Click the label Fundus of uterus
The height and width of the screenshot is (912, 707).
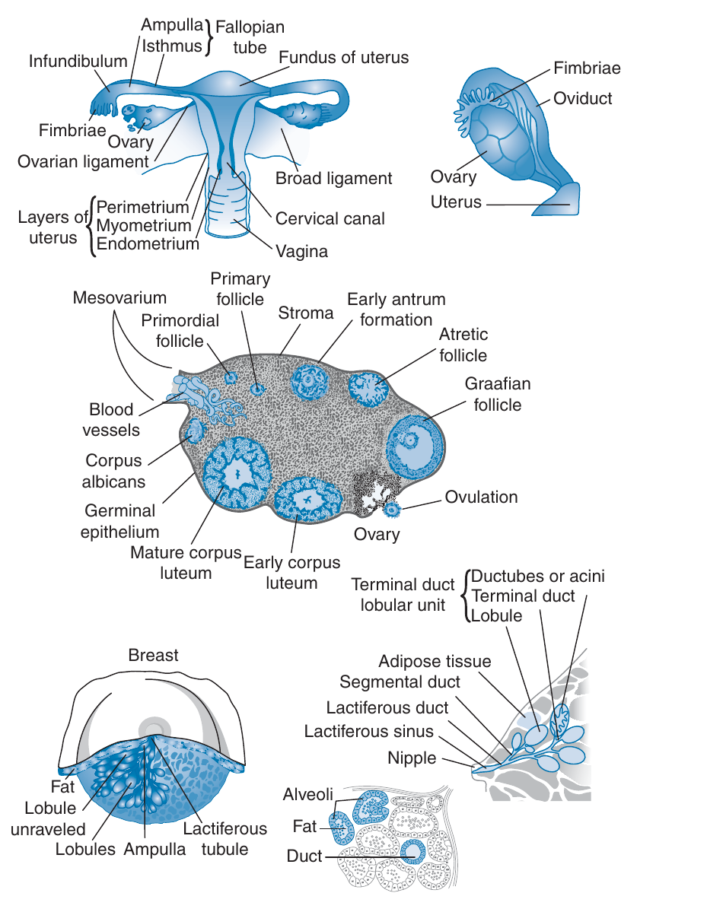(x=343, y=58)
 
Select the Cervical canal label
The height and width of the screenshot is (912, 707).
(x=330, y=219)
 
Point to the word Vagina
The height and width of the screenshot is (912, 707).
(x=303, y=251)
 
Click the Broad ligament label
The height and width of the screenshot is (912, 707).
(x=334, y=179)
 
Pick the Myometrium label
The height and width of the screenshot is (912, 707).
(x=144, y=226)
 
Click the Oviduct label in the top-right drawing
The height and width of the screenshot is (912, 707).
(x=582, y=99)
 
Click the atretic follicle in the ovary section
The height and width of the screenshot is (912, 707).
(x=368, y=386)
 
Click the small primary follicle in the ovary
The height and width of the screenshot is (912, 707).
(x=259, y=389)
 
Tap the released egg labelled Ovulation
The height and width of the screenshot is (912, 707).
(x=392, y=508)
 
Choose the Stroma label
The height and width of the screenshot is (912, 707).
(x=306, y=313)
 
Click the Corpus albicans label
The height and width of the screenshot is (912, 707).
(x=114, y=471)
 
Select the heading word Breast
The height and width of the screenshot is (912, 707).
(x=153, y=656)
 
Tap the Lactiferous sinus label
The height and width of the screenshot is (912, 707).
(x=368, y=732)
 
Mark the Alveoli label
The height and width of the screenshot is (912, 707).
(x=308, y=795)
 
